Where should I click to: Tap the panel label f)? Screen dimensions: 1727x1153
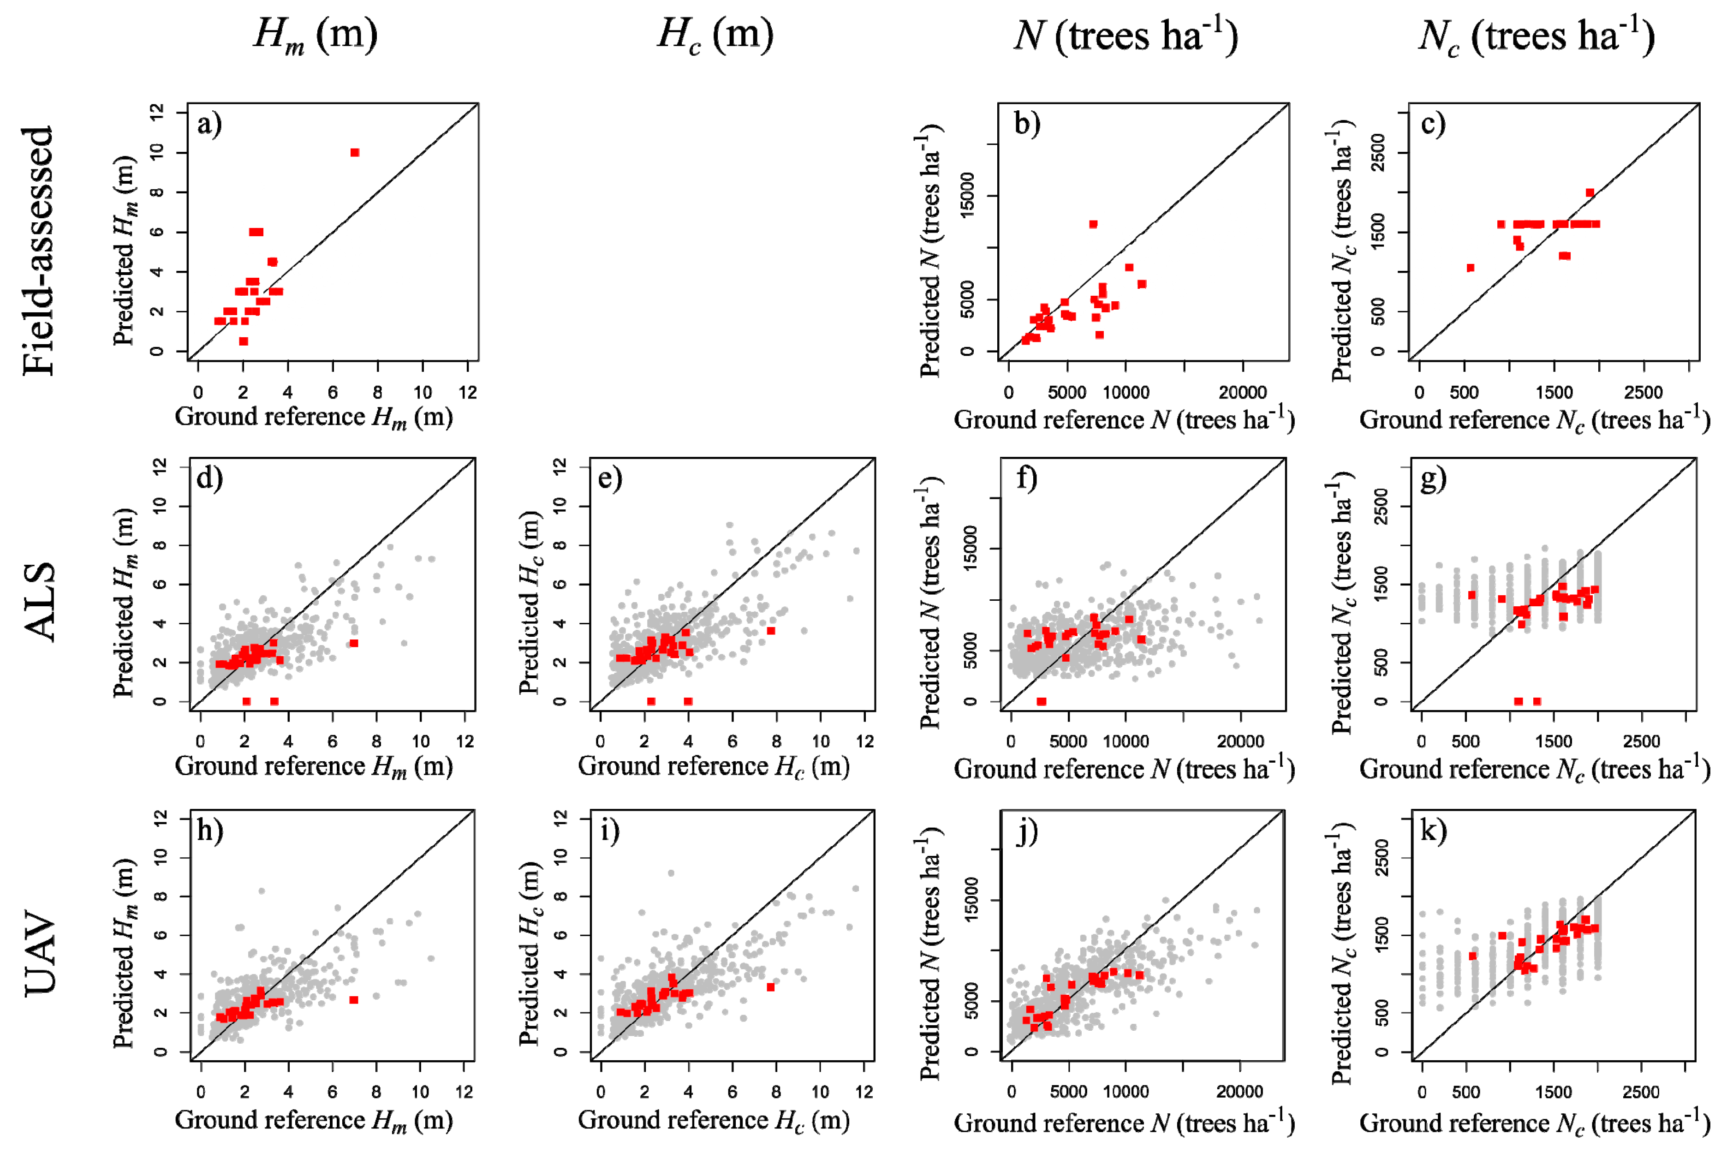click(x=1026, y=479)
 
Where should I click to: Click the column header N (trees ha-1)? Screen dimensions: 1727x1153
click(x=1126, y=35)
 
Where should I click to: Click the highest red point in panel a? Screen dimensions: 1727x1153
click(x=354, y=152)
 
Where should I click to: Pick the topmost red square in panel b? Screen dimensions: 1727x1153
click(x=1093, y=224)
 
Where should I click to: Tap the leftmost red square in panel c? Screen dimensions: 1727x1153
click(x=1471, y=268)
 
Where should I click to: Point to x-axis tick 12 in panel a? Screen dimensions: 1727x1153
click(x=468, y=392)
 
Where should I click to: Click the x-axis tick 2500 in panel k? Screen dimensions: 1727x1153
click(x=1641, y=1092)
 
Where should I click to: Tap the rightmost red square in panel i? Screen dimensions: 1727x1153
click(x=770, y=987)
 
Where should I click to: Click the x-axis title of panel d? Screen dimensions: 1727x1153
click(x=314, y=767)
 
